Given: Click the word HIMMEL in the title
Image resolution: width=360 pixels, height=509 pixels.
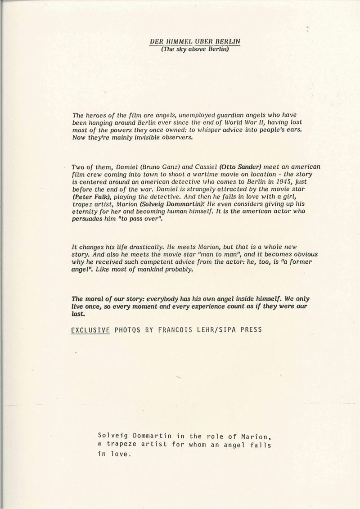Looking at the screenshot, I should (179, 41).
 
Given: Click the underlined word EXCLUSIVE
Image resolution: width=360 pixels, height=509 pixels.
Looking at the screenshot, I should (90, 330).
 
